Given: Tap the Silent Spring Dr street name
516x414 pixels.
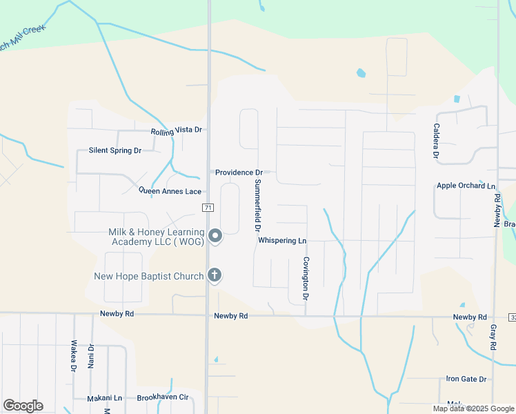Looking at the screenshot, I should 115,150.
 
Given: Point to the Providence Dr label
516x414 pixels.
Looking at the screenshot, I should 239,172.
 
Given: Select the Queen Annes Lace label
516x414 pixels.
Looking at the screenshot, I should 170,190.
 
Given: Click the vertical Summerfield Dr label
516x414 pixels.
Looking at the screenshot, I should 257,205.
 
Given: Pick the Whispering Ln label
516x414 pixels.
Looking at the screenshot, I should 281,240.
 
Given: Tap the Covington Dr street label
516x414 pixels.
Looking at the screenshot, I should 305,279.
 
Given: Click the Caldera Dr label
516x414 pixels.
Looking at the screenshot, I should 436,141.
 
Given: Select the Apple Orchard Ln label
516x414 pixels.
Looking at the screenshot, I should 466,186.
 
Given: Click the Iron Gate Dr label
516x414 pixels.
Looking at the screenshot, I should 466,379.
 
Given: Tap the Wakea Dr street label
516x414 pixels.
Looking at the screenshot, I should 74,355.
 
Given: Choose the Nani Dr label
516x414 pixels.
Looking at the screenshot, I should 91,355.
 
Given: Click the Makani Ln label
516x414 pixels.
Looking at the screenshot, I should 104,398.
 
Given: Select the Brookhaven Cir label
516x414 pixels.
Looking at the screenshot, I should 163,397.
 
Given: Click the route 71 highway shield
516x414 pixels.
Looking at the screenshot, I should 208,207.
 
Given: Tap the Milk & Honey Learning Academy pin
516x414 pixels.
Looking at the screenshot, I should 215,237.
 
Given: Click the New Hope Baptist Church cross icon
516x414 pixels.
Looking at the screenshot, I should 215,276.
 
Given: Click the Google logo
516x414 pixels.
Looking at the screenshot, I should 23,406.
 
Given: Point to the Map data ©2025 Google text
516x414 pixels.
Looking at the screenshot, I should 473,408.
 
